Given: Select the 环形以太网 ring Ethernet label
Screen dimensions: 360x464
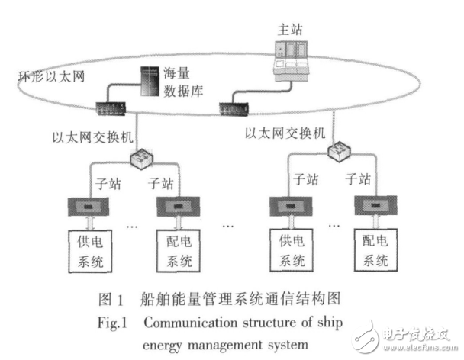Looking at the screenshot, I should point(48,77).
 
